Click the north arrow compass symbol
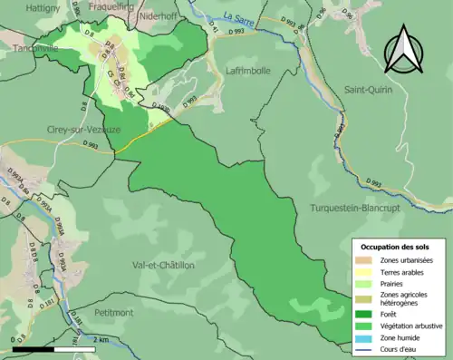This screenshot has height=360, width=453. [405, 50]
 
